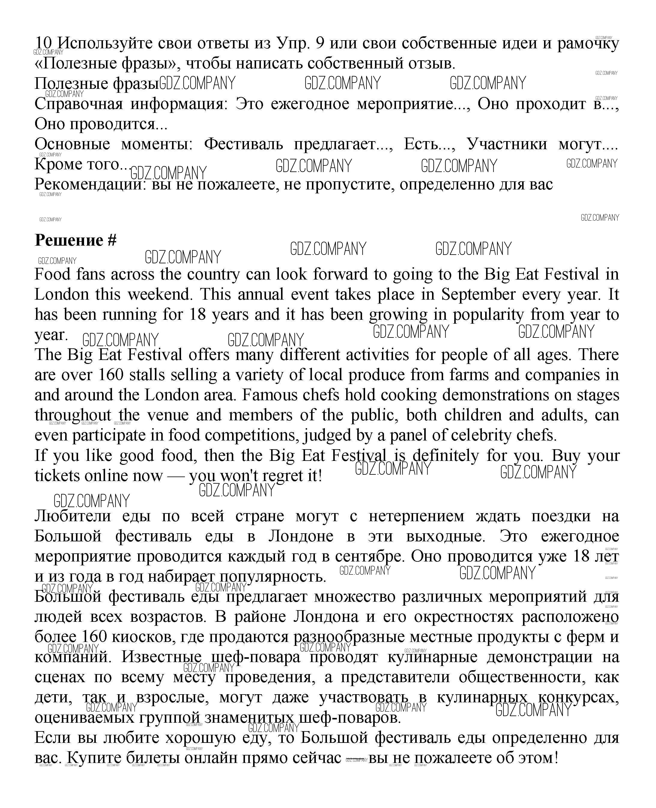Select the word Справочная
tap(79, 104)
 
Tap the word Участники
tap(506, 144)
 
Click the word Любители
tap(73, 516)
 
